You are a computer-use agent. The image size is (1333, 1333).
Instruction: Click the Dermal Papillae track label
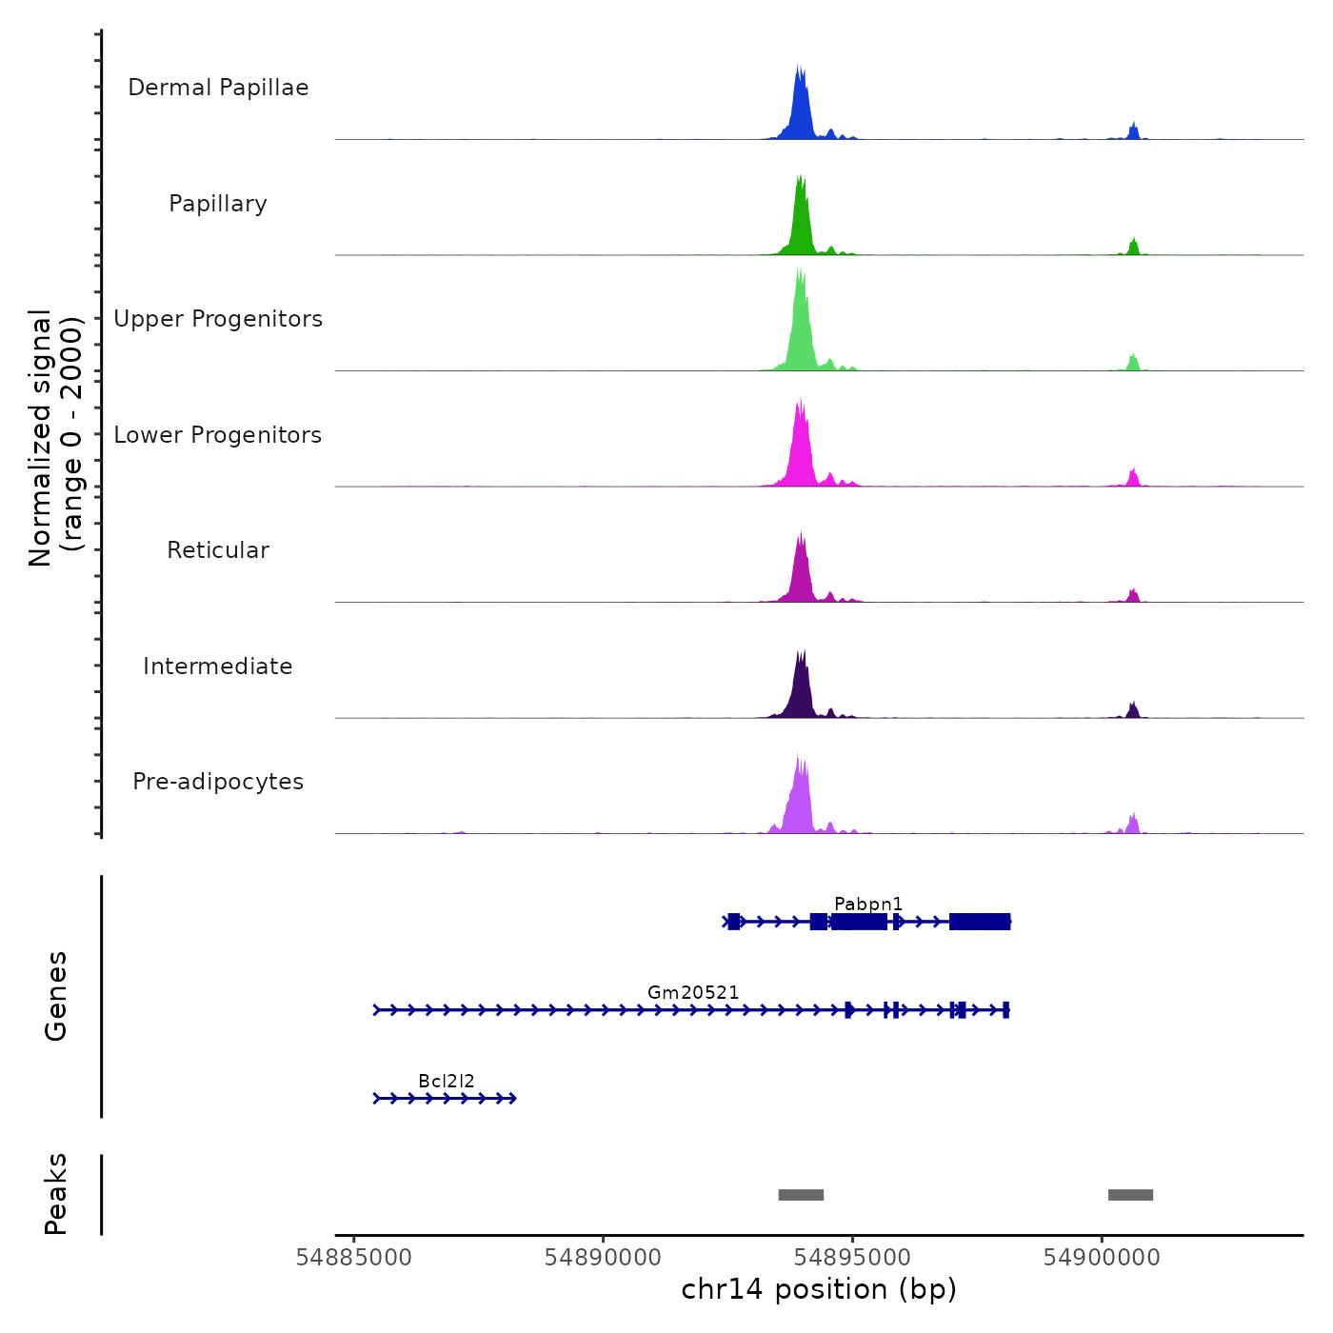tap(218, 88)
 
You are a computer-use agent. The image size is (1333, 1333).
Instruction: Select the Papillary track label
tap(218, 204)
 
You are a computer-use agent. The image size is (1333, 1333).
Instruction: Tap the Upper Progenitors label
tap(218, 319)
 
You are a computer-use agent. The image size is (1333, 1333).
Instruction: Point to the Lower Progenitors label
tap(218, 435)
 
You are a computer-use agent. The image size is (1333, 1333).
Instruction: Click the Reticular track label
tap(218, 550)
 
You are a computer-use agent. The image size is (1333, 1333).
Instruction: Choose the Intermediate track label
tap(218, 666)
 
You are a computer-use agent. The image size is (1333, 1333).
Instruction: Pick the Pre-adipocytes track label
tap(218, 782)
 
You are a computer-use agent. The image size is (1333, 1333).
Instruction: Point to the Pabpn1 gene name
tap(868, 904)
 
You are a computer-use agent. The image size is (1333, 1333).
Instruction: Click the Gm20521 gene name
tap(693, 992)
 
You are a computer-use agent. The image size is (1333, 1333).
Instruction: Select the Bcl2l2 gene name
tap(447, 1081)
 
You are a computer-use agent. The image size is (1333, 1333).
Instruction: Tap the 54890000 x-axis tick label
tap(603, 1258)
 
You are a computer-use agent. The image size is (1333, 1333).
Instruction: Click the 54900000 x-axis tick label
tap(1102, 1258)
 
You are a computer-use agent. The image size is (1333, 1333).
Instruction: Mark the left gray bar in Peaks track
tap(801, 1195)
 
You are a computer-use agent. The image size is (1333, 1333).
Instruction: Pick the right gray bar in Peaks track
tap(1130, 1195)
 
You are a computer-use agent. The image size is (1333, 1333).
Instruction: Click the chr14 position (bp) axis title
tap(819, 1289)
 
